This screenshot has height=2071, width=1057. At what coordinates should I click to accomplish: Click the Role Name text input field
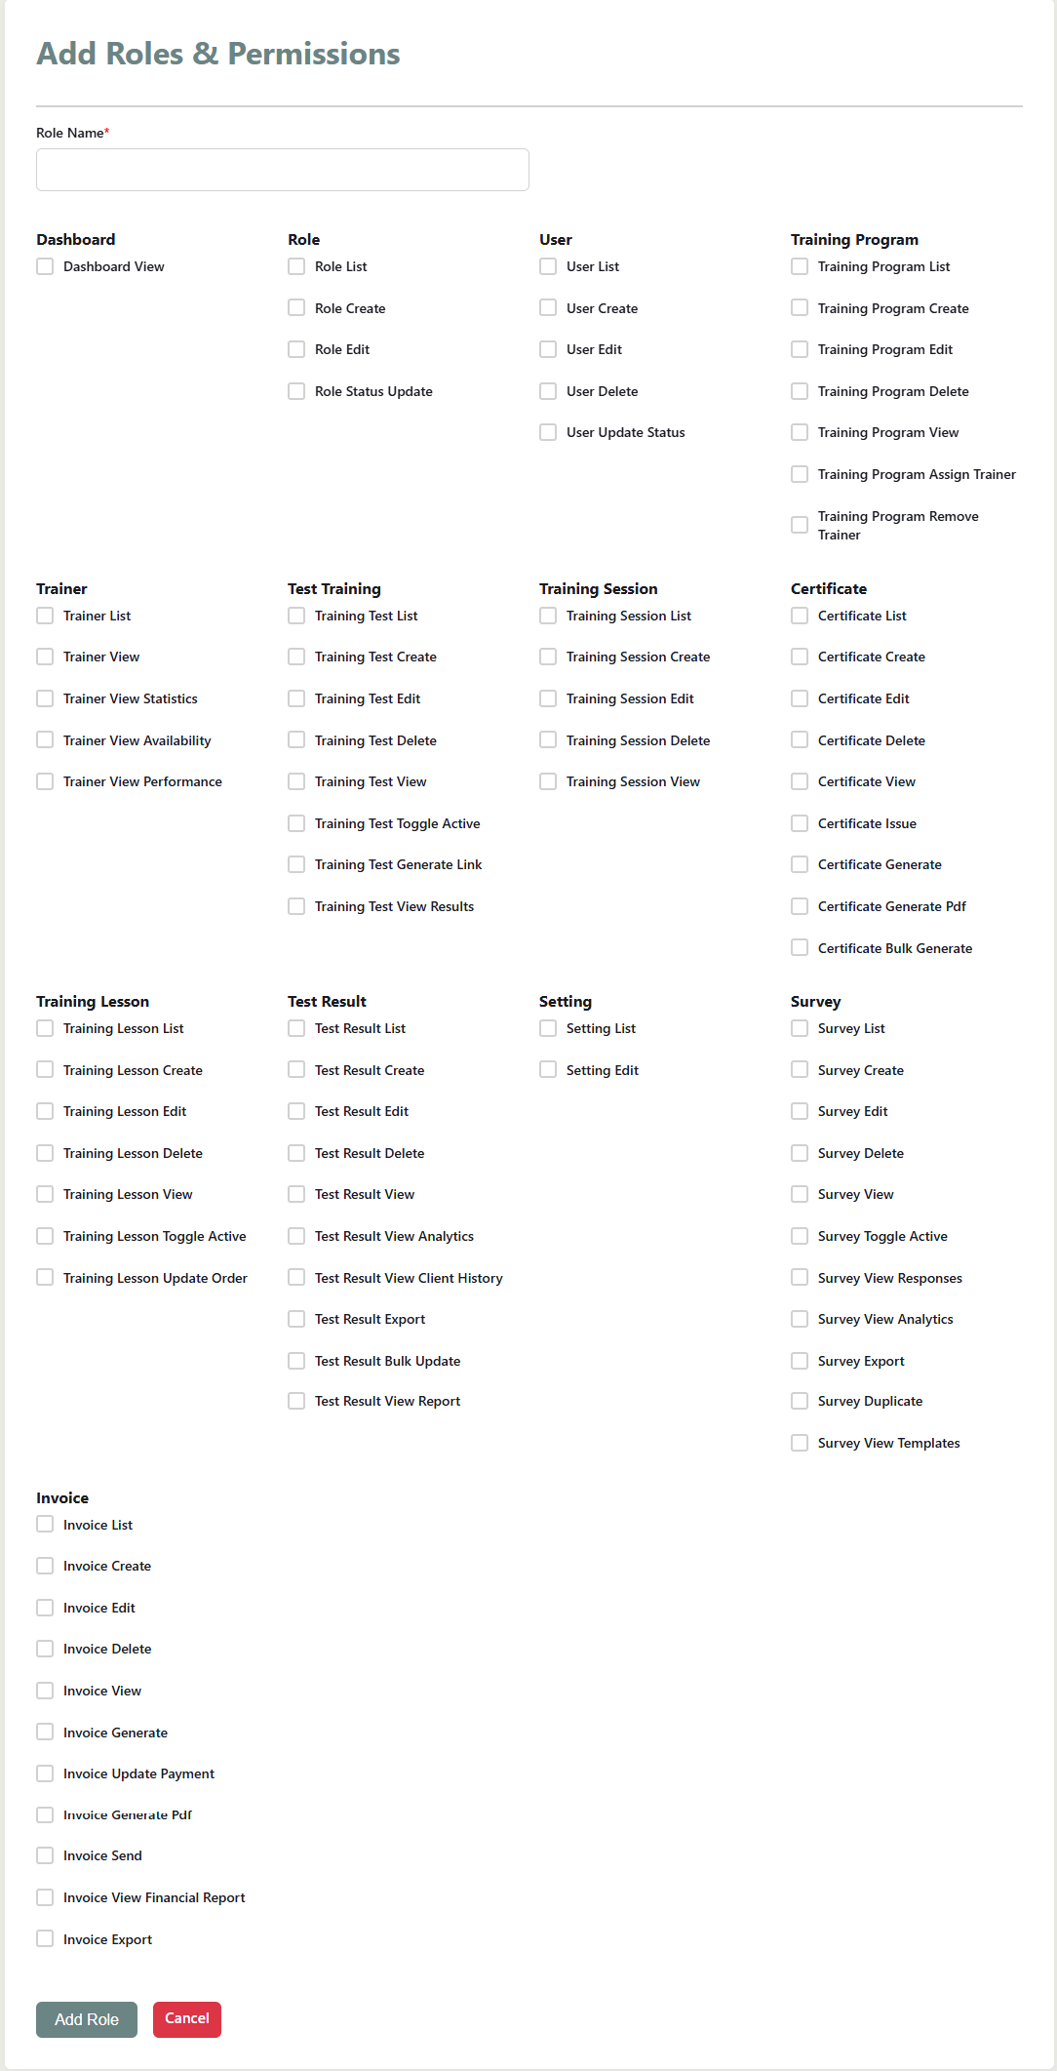282,170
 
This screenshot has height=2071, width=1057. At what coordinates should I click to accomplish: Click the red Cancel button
187,2018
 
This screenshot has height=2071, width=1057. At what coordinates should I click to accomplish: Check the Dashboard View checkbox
45,266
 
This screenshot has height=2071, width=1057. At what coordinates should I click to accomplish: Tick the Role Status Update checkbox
296,391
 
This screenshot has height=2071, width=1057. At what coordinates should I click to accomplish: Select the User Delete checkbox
548,391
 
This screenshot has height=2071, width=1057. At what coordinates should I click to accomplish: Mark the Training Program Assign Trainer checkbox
800,474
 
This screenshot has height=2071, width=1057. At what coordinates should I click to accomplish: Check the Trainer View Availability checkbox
45,740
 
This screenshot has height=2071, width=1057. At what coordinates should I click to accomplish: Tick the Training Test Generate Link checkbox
296,864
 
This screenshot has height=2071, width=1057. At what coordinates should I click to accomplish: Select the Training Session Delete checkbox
548,740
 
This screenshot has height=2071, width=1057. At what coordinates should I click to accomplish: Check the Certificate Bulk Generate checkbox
800,947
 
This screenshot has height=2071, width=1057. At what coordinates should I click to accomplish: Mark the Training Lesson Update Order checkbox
45,1277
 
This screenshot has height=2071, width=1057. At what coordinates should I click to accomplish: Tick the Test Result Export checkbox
296,1319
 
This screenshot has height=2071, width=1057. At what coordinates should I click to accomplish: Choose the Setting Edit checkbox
548,1070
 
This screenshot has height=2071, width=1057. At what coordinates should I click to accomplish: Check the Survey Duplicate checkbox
800,1401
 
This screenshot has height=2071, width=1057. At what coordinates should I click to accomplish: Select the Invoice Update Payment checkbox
45,1773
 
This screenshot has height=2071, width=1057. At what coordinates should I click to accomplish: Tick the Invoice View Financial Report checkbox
45,1897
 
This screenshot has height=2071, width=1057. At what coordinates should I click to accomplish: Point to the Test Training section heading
333,589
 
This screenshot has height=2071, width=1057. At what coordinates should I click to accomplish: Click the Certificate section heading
828,589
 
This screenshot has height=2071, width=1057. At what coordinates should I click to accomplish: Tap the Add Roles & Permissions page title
218,54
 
